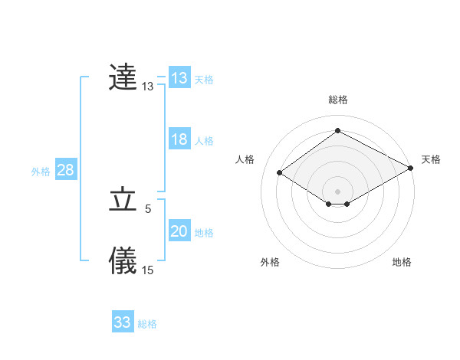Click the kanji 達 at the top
123,77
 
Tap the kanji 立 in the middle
123,200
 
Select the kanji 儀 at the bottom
123,260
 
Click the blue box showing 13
179,78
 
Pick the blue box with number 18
179,139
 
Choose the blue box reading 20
179,231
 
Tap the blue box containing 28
65,170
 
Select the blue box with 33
123,322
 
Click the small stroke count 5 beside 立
148,208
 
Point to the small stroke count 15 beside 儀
148,270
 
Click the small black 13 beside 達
148,87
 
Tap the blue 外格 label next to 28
41,172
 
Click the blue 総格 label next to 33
148,324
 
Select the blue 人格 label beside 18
204,141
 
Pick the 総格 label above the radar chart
338,100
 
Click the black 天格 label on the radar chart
431,159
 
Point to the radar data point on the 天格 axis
411,169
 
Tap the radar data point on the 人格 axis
280,173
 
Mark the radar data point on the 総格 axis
337,131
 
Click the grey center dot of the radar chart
337,191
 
